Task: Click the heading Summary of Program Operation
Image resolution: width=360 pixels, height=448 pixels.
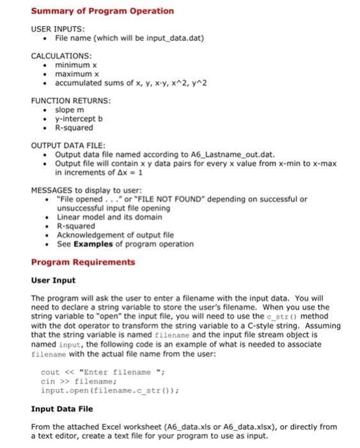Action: (102, 11)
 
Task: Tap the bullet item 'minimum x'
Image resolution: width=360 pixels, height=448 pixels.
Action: (75, 65)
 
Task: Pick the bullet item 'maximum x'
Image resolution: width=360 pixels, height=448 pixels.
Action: (76, 74)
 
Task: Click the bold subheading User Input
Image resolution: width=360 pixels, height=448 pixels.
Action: (53, 280)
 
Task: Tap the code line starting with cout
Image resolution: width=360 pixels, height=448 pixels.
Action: (97, 372)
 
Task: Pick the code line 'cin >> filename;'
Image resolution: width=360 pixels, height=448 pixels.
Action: (72, 381)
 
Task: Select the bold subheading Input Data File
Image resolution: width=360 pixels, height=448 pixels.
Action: (61, 408)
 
